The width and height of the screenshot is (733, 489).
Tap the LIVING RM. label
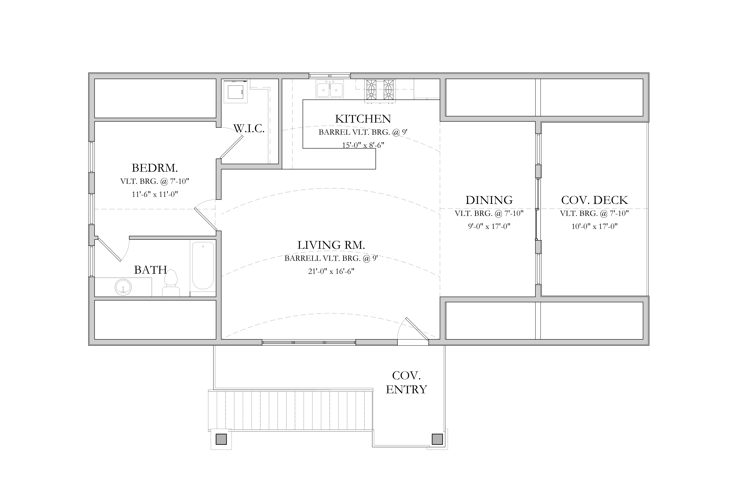tap(331, 245)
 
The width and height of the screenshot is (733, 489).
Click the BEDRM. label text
tap(155, 168)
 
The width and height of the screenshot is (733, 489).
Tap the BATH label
tap(151, 270)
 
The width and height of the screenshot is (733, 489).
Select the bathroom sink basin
tap(123, 287)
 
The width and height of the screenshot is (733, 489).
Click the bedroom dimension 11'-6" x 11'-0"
tap(155, 194)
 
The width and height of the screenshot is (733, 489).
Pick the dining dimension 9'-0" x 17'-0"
tap(489, 226)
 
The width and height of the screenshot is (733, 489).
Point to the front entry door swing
tap(413, 329)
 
